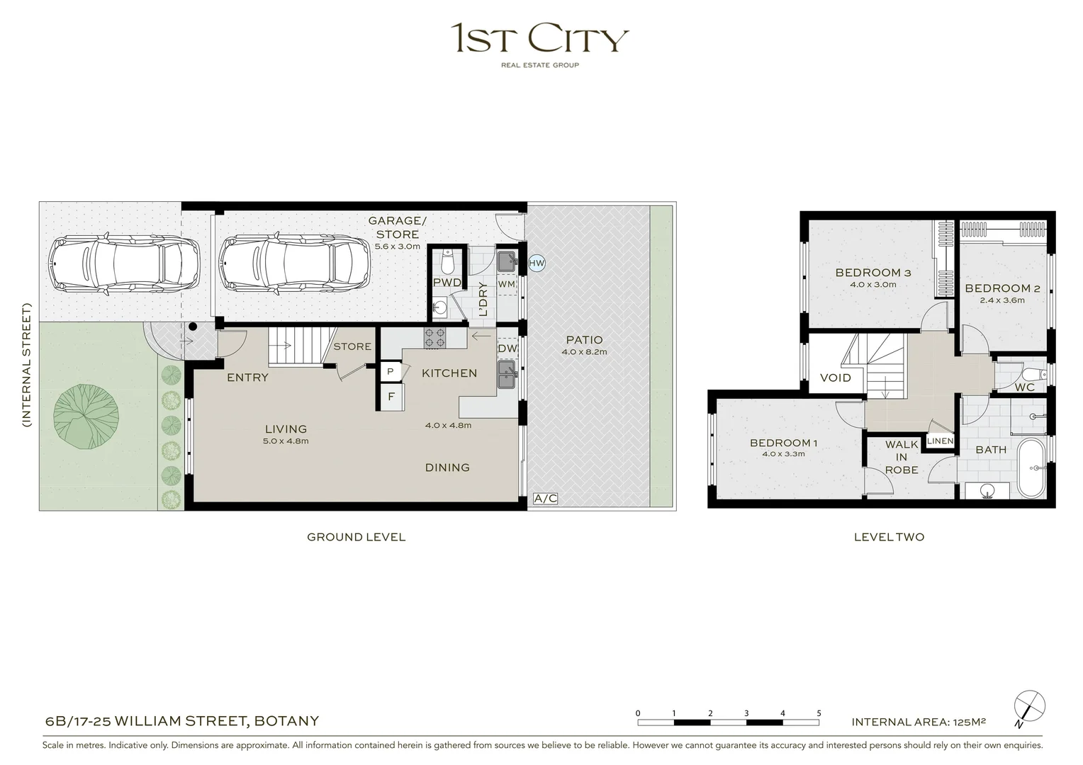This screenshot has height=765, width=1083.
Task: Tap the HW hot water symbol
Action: pos(537,263)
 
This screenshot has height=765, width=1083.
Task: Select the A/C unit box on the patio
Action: pos(545,499)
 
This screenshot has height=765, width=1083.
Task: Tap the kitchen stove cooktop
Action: pos(434,338)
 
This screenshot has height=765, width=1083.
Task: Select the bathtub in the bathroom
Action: pos(1031,468)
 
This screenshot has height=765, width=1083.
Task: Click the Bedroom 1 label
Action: pos(783,443)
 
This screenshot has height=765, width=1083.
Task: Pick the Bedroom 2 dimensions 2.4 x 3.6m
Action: pos(1002,300)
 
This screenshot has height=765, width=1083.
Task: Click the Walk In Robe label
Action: pos(902,457)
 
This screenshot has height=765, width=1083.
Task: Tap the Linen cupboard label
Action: pos(941,441)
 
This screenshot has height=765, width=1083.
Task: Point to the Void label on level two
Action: pos(835,378)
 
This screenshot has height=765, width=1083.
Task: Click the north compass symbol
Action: pos(1029,707)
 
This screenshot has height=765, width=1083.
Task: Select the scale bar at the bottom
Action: pos(728,722)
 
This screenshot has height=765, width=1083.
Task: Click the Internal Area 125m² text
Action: pos(919,722)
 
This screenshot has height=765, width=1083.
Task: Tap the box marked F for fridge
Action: pos(391,397)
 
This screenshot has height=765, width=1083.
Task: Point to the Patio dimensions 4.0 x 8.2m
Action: pos(584,352)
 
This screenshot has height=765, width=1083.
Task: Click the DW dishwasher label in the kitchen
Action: pos(507,348)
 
